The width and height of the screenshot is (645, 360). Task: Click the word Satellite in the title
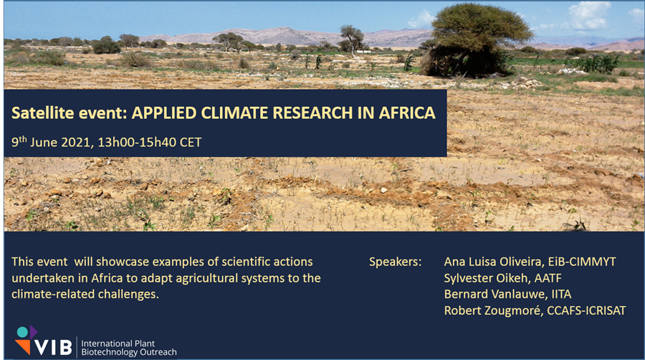coord(43,113)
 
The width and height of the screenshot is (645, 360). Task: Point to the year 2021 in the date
coord(75,143)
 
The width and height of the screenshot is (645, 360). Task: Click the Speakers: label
coord(396,262)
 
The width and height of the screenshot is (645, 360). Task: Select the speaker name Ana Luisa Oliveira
coord(493,262)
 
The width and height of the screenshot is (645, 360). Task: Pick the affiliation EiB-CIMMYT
coord(582,262)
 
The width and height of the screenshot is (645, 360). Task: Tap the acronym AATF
coord(548,278)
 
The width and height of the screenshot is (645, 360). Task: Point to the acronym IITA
coord(562,295)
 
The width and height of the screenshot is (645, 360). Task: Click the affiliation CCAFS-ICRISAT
coord(586,311)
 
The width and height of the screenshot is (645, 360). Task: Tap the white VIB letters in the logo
coord(54,347)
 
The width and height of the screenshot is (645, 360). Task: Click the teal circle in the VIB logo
coord(22,332)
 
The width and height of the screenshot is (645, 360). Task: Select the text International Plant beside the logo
coord(118,344)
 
